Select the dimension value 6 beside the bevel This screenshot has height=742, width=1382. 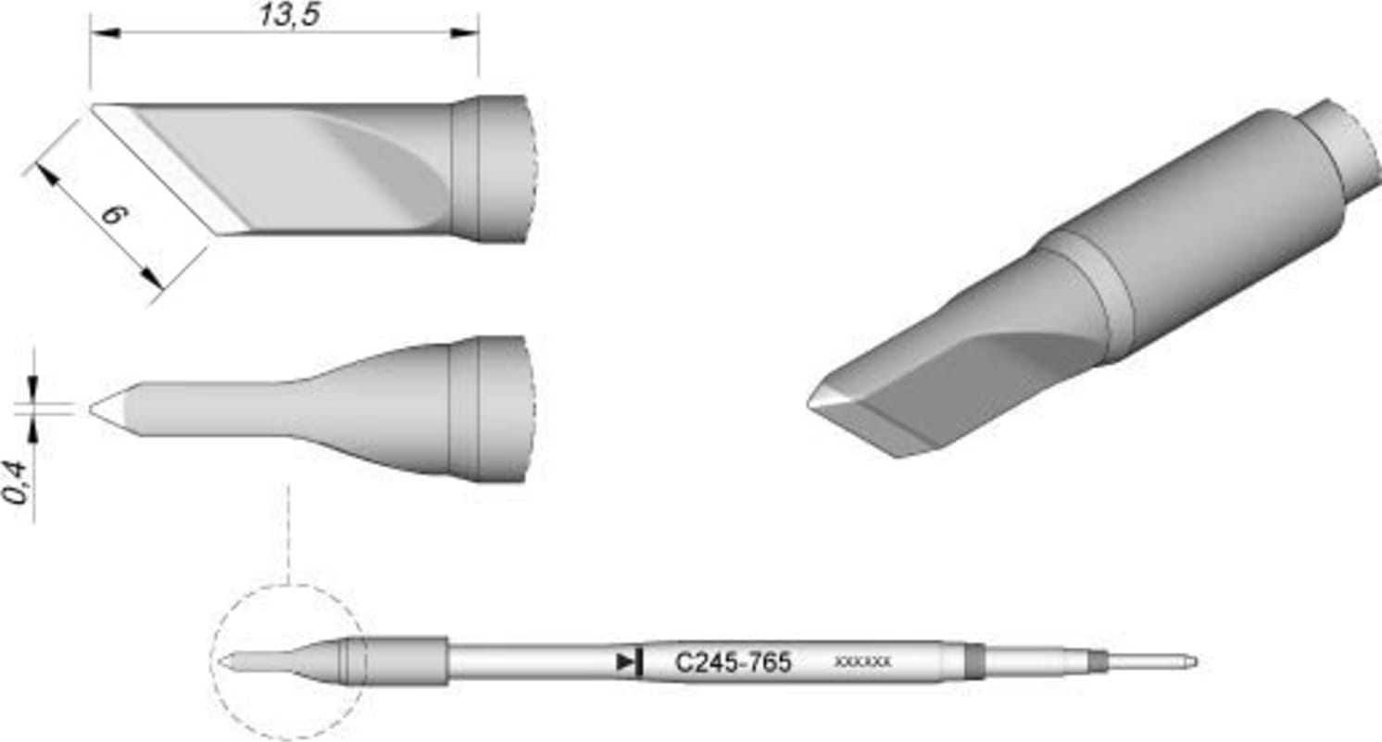(113, 216)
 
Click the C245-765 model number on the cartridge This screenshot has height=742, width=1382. (733, 663)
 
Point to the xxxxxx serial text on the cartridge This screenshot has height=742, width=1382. (862, 662)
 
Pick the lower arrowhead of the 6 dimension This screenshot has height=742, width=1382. (153, 279)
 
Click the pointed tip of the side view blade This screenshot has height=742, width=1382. (93, 409)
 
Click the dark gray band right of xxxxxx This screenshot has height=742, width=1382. (973, 662)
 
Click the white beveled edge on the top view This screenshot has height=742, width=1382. (167, 167)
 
